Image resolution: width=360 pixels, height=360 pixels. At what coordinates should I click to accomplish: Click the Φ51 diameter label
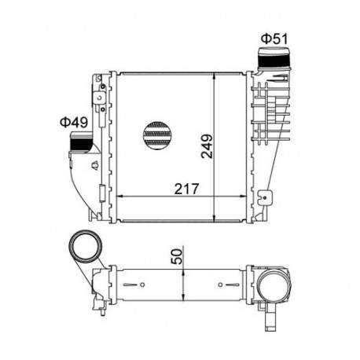(274, 39)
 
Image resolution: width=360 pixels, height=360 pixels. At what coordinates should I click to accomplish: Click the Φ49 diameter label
(74, 122)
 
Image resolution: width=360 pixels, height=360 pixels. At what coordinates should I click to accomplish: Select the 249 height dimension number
(207, 146)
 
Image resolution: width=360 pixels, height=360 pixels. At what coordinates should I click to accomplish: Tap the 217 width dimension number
(187, 189)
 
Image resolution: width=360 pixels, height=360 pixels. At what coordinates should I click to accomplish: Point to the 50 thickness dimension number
(177, 256)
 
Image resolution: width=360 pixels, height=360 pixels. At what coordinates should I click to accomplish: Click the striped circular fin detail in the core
(157, 135)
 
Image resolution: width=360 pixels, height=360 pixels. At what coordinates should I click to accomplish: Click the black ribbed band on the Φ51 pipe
(274, 60)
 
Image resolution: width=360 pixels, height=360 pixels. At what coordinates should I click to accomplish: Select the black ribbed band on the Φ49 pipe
(80, 144)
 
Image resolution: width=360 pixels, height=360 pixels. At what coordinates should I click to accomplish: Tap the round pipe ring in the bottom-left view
(86, 246)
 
